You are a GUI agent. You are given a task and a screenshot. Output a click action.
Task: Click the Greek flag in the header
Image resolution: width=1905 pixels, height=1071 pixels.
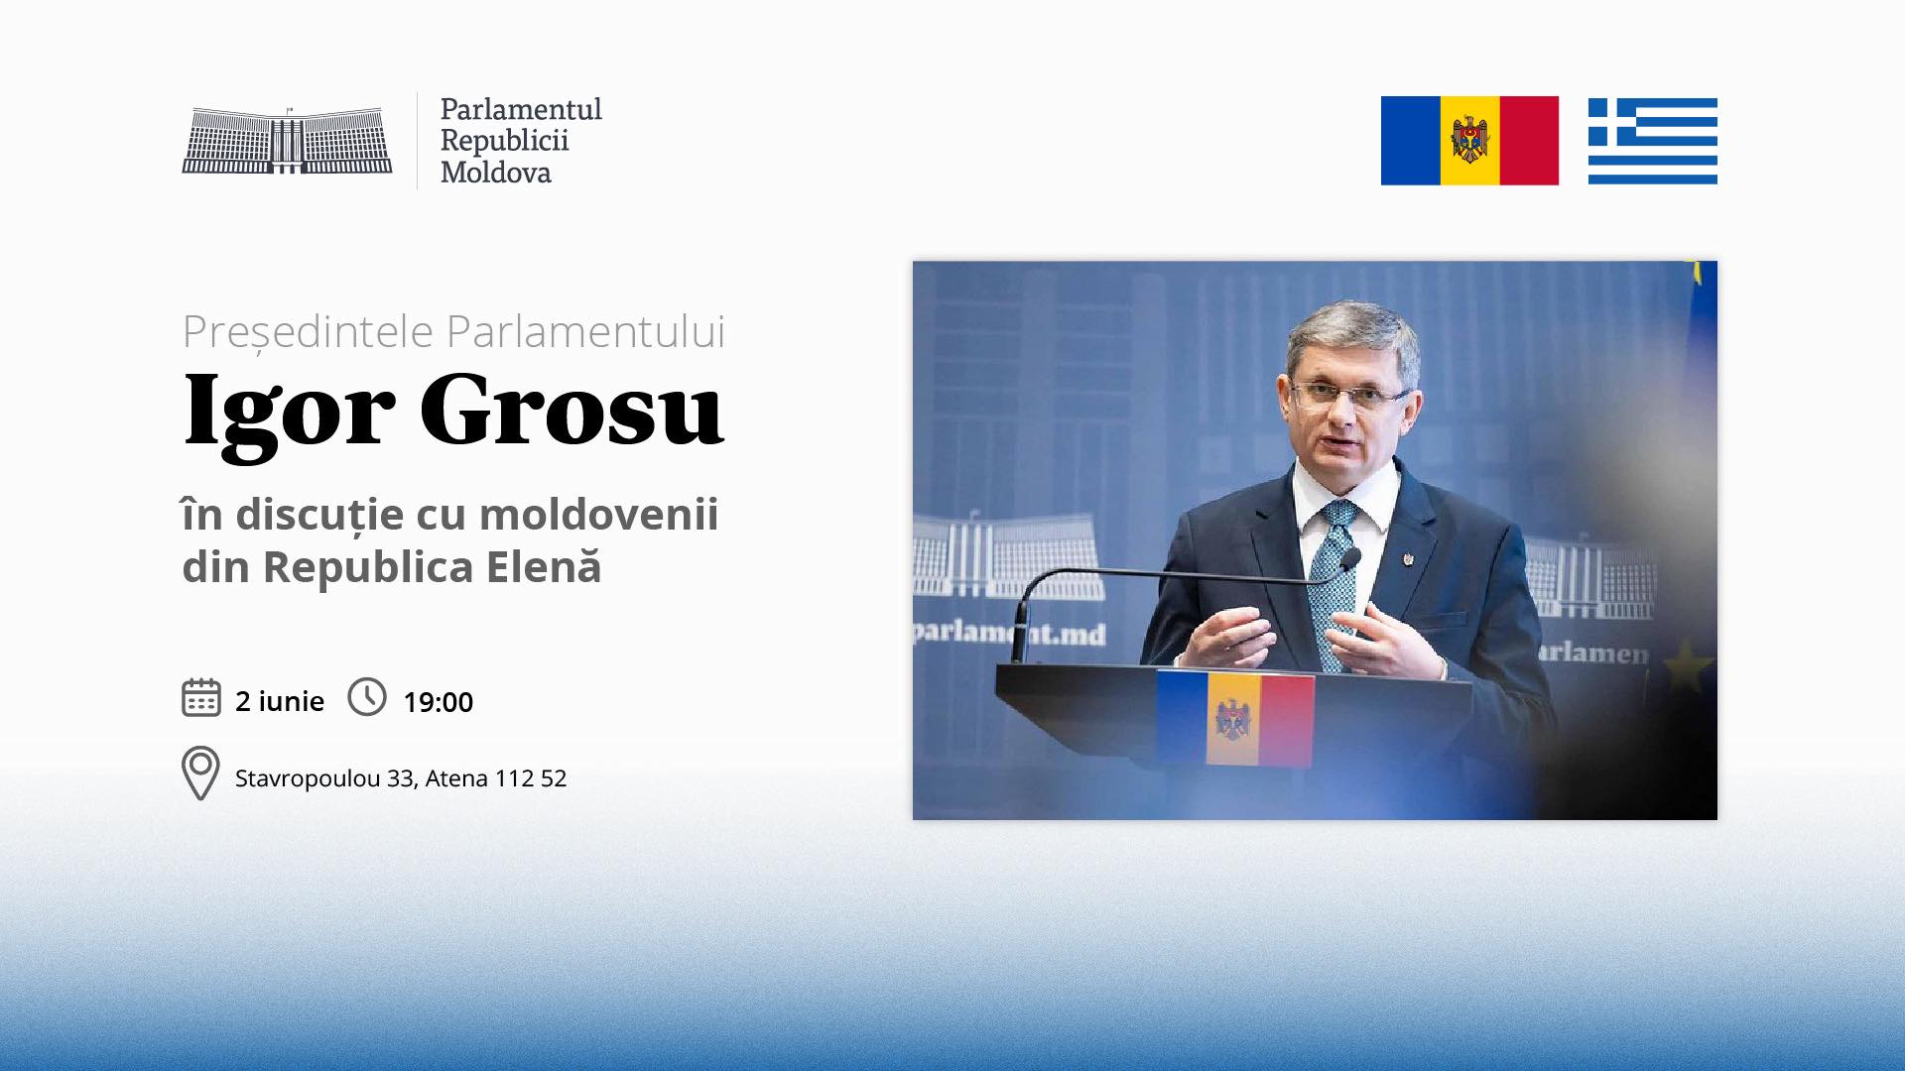[1652, 141]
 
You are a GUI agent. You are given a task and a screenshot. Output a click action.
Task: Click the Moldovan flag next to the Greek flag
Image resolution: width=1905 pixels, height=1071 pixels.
[1469, 141]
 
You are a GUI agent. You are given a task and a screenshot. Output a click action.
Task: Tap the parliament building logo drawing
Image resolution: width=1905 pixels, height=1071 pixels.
[287, 140]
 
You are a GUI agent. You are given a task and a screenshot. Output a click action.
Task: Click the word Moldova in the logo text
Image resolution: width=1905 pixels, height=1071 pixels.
[495, 173]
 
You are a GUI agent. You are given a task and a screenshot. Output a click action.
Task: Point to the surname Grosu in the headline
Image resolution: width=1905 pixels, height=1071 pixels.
[571, 409]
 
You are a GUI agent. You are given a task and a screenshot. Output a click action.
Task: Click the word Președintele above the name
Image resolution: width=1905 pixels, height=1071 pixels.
[308, 331]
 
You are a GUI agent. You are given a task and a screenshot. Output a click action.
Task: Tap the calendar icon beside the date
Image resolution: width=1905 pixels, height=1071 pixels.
[201, 697]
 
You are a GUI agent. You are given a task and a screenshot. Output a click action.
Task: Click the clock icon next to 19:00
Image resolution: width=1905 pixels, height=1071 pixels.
[367, 697]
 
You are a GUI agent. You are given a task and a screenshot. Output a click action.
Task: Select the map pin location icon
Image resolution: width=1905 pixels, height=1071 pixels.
[200, 773]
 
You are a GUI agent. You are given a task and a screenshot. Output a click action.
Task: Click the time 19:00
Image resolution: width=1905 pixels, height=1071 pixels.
[438, 702]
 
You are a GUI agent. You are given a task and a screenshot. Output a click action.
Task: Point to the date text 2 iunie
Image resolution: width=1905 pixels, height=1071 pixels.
[280, 701]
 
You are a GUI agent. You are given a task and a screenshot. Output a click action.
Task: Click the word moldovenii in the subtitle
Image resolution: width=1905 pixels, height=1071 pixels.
[598, 514]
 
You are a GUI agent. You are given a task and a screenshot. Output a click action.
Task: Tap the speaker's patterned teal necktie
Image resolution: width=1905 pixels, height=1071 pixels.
[1333, 584]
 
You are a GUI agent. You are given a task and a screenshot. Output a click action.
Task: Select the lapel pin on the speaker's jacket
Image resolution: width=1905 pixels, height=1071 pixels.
[1407, 560]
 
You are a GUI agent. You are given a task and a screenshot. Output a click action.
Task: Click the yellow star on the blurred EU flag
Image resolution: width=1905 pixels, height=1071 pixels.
[1686, 666]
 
